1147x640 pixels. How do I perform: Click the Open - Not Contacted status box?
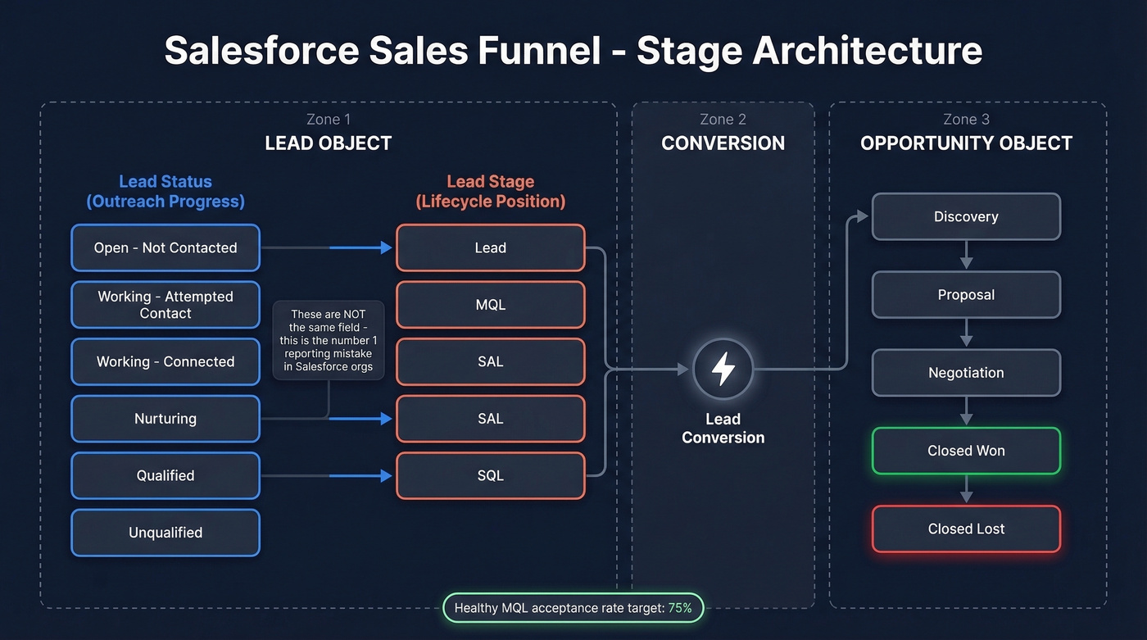point(165,247)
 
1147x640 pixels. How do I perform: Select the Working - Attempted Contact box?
point(165,305)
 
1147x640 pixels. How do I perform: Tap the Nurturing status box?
point(165,419)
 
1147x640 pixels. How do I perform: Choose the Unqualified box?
point(165,533)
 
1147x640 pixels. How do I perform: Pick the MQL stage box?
point(490,305)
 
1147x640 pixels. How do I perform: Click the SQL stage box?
point(490,475)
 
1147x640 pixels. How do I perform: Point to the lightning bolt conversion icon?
point(723,370)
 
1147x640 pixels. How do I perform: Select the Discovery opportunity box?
point(966,217)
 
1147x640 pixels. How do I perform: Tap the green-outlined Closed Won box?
point(966,451)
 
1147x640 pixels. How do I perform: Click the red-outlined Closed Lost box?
point(966,529)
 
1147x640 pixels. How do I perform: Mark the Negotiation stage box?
point(966,373)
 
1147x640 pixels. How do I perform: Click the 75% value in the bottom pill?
point(679,608)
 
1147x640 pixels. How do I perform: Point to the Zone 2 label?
point(723,120)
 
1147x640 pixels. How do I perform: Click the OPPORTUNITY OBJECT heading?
point(966,143)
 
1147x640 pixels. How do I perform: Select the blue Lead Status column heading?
point(165,192)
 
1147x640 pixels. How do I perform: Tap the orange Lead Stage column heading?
point(490,192)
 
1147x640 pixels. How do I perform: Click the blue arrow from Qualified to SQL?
point(360,475)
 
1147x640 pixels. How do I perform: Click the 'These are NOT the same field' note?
point(328,340)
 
